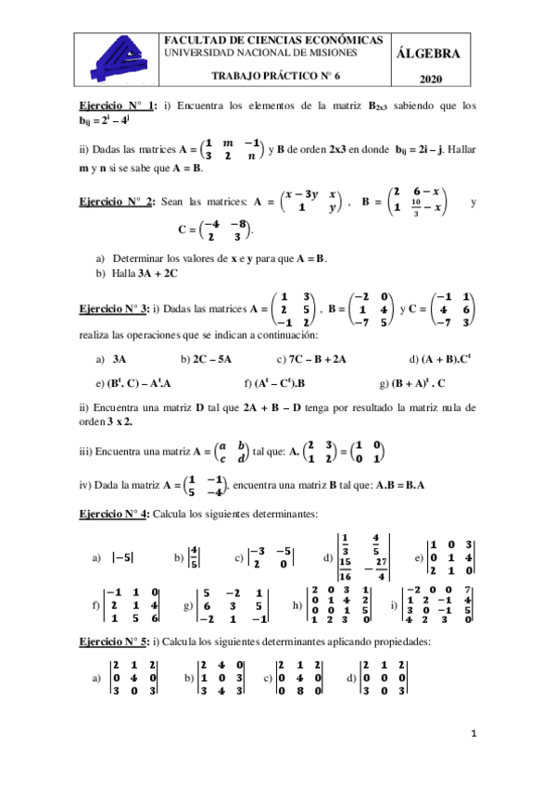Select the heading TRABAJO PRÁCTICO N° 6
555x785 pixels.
(277, 80)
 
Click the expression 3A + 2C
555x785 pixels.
(138, 273)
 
